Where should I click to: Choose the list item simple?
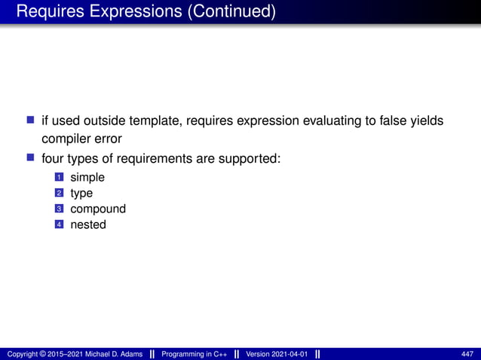(x=87, y=178)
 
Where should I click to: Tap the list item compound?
(x=98, y=209)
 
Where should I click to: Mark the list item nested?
(x=88, y=224)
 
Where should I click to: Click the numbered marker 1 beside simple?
(x=58, y=178)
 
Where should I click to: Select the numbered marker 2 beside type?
(x=58, y=194)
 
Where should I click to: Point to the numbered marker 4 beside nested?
(x=58, y=224)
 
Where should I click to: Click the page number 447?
(x=467, y=354)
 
